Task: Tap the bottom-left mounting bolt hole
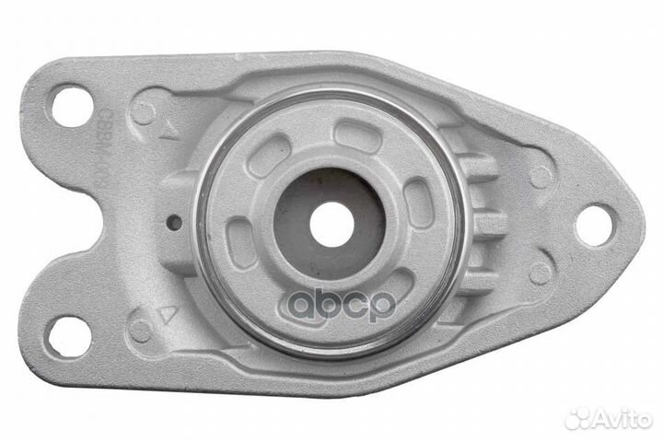point(69,335)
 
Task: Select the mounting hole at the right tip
point(594,225)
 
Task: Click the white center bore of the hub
point(331,224)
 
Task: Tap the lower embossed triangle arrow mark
point(167,313)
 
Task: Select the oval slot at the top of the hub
point(357,136)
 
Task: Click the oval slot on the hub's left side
point(242,242)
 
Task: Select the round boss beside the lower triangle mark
point(141,330)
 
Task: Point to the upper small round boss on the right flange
point(541,176)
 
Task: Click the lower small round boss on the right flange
point(541,273)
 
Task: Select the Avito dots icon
point(576,418)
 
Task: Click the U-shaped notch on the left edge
point(37,221)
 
